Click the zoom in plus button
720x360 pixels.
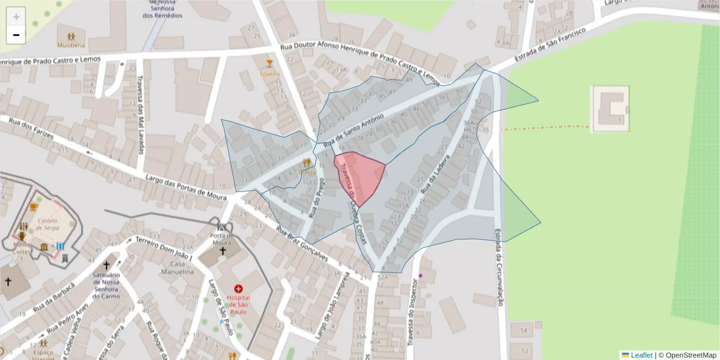(x=16, y=17)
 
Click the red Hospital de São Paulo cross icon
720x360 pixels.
(x=238, y=289)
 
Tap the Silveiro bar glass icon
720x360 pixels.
(x=270, y=63)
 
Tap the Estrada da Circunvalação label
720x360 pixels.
(x=499, y=267)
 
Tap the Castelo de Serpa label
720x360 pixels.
(x=47, y=224)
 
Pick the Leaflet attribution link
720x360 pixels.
(x=641, y=355)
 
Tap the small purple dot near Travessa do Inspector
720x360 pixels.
(x=421, y=275)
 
